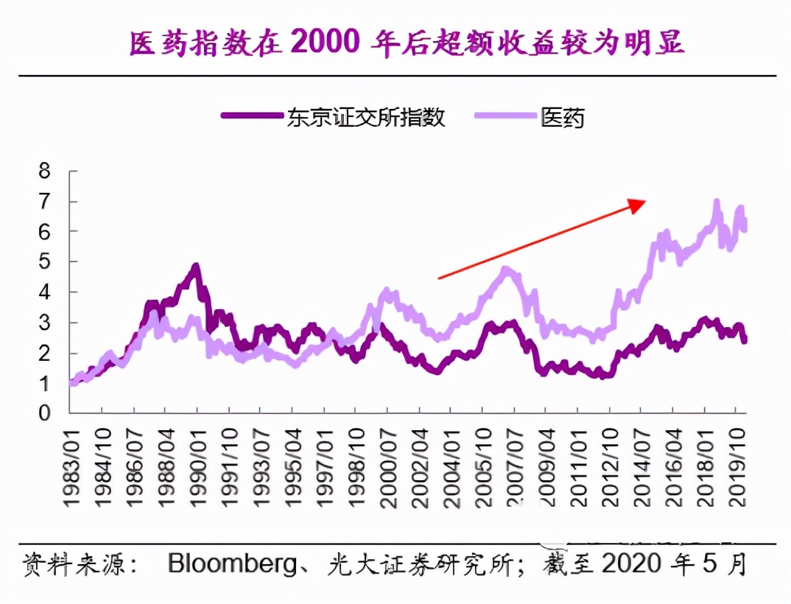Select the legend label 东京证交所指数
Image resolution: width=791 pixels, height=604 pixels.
pos(366,116)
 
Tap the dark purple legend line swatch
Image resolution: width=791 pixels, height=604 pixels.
pos(253,116)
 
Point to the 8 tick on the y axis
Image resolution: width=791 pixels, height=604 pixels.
pos(45,172)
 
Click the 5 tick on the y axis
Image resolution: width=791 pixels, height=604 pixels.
pos(45,262)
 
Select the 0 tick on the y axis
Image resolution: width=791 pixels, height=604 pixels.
pos(45,414)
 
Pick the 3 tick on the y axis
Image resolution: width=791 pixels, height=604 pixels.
pos(45,323)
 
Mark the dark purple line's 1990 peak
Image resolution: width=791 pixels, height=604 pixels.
pos(195,267)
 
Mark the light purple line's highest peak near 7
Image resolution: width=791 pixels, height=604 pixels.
pos(716,201)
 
